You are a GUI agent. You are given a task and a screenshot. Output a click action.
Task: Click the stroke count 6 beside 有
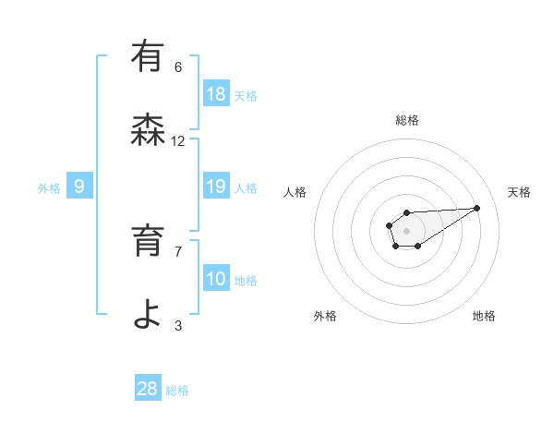coord(178,66)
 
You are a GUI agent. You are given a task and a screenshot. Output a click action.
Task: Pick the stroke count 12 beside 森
coord(178,141)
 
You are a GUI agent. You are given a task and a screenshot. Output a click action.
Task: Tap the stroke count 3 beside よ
coord(178,325)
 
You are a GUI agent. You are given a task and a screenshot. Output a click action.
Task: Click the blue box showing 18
coord(216,94)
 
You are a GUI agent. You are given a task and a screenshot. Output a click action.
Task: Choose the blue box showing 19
coord(216,187)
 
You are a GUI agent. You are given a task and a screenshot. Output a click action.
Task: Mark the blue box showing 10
coord(216,279)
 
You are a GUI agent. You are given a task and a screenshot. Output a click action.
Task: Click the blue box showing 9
coord(79,187)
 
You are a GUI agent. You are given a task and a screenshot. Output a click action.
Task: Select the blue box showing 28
coord(148,389)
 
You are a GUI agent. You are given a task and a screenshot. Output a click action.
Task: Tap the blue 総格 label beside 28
coord(178,391)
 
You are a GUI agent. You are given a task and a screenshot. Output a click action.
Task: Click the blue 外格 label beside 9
coord(49,188)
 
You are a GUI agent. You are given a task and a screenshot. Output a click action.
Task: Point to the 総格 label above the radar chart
coord(407,120)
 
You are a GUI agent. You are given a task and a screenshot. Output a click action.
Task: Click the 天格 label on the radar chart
coord(520,192)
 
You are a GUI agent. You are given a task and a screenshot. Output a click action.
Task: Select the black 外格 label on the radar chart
coord(325,316)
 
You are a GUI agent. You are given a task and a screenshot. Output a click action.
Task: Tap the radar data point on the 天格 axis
coord(477,207)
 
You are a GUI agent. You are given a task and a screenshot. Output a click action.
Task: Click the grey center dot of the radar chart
coord(407,230)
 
